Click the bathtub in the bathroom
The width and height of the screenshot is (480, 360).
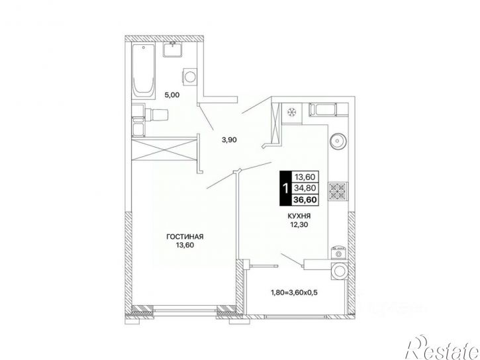click(143, 71)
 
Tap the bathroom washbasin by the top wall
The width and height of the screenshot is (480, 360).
click(173, 50)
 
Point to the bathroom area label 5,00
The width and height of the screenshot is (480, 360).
click(172, 95)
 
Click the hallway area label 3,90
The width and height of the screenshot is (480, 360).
click(229, 140)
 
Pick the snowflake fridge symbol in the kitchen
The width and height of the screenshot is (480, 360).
click(291, 112)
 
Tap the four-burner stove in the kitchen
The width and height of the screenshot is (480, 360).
click(338, 191)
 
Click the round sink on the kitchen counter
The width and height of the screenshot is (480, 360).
click(338, 142)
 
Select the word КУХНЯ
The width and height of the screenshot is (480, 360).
click(299, 216)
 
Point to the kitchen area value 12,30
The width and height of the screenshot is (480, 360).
click(299, 225)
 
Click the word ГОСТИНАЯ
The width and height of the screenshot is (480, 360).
click(185, 236)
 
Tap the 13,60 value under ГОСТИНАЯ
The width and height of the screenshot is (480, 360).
click(185, 245)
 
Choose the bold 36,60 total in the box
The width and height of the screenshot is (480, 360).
click(305, 200)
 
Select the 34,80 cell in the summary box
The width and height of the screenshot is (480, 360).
click(305, 188)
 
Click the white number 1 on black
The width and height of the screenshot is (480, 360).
click(286, 189)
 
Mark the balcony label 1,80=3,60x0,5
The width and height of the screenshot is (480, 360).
click(294, 292)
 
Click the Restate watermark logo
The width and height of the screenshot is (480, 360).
click(442, 348)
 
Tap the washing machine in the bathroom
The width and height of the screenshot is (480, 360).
click(190, 75)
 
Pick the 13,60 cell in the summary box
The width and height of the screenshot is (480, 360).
click(305, 177)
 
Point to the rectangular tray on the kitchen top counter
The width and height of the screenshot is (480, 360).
click(323, 110)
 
